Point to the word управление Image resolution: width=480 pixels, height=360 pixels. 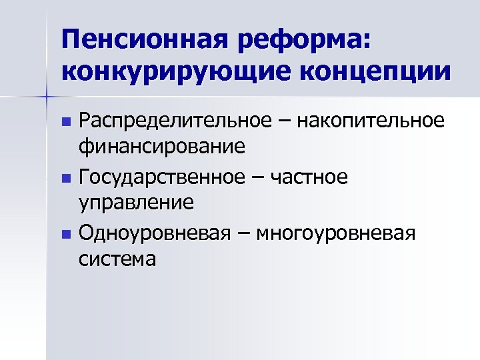[x=136, y=201]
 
